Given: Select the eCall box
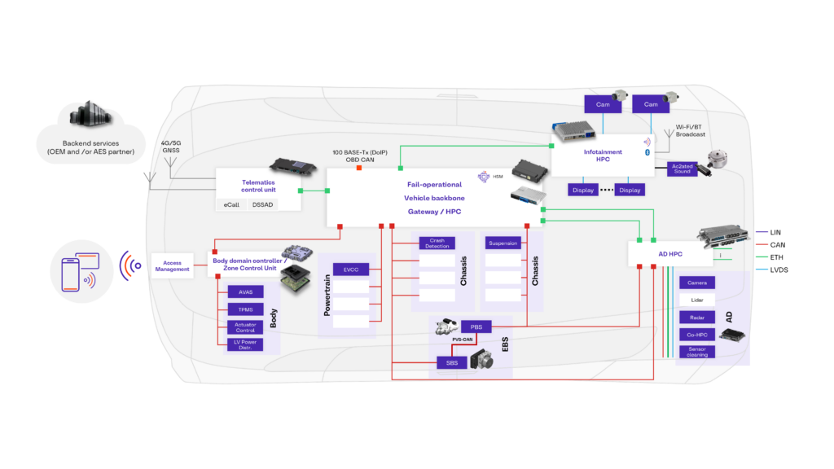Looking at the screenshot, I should coord(231,205).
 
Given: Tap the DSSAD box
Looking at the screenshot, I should coord(262,205).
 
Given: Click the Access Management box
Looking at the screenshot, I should coord(172,266).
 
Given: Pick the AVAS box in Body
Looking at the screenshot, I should coord(245,291).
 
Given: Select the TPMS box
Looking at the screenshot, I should coord(245,309).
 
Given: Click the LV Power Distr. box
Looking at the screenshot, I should coord(245,344).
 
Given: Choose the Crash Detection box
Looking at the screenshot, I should coord(437,243).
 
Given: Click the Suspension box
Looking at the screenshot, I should coord(503,243).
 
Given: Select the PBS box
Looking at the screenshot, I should coord(476,327).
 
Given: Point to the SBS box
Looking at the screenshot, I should coord(452,363).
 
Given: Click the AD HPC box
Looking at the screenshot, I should coord(665,254).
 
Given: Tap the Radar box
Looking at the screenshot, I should coord(696,317).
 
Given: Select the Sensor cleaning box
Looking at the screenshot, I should coord(696,352).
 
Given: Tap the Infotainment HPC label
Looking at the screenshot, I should coord(603,156).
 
